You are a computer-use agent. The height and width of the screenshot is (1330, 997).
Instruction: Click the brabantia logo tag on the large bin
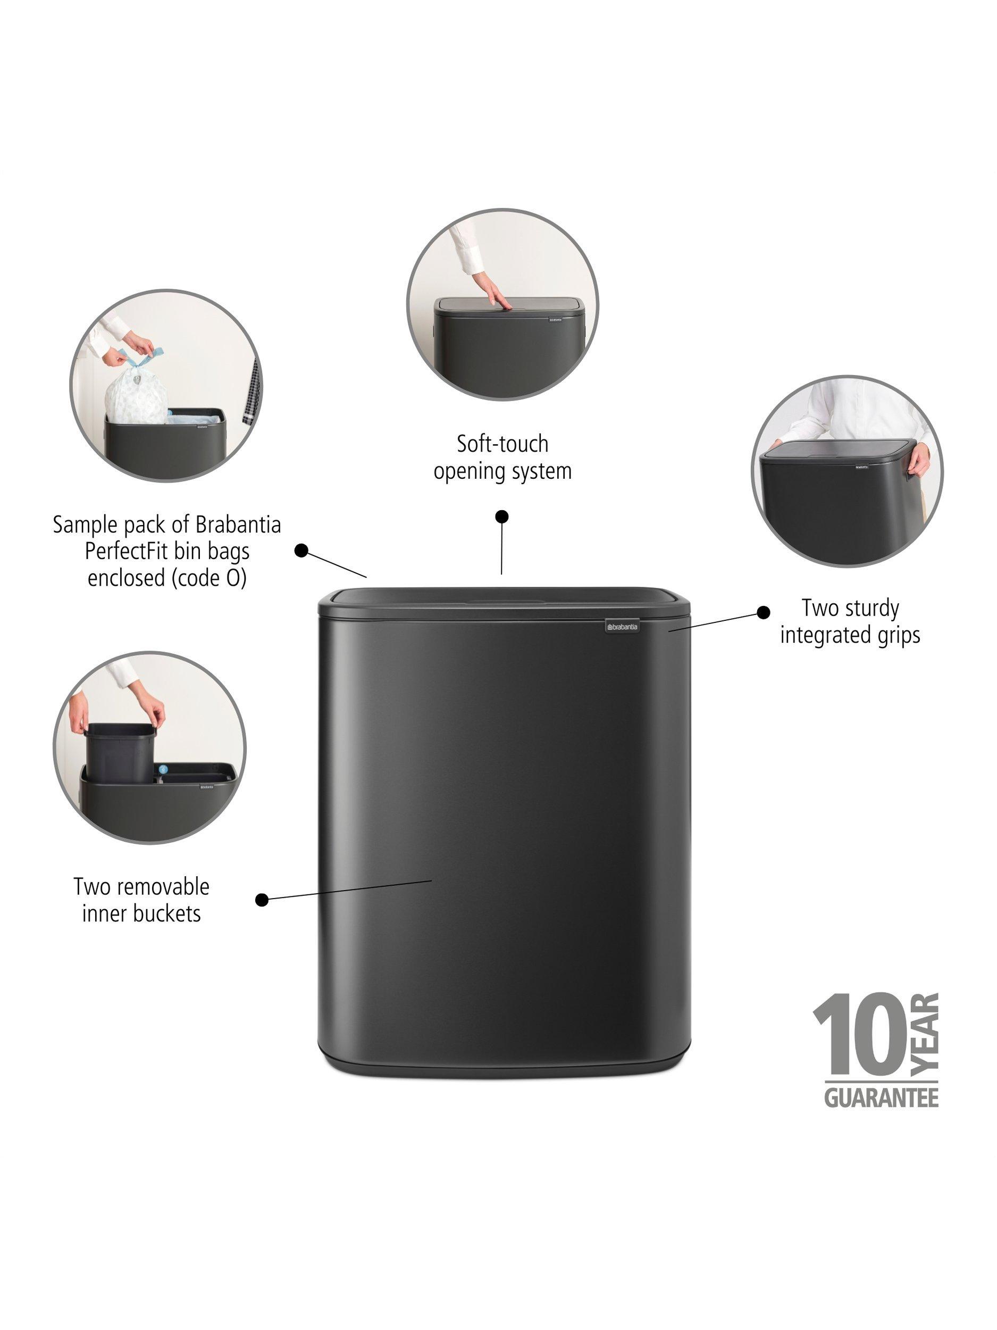622,627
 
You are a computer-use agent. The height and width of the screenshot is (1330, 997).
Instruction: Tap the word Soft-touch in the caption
502,444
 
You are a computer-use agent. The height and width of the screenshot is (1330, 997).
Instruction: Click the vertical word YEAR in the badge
924,1034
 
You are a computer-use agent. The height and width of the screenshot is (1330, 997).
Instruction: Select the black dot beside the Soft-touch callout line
502,517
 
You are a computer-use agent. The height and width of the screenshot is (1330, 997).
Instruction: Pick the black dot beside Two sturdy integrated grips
763,612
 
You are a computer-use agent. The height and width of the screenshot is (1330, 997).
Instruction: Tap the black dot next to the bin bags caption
301,550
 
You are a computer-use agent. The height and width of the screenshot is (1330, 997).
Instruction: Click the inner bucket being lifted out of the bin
119,752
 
